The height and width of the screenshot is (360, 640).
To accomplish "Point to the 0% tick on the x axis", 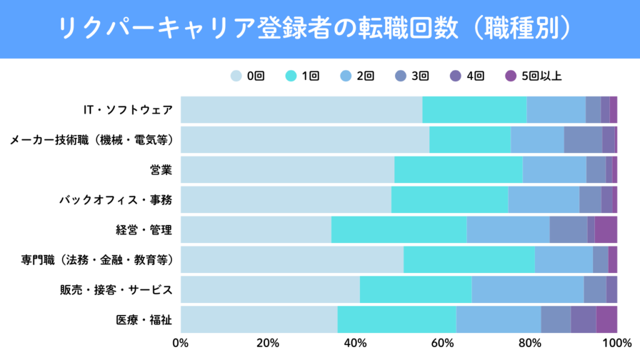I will [181, 342].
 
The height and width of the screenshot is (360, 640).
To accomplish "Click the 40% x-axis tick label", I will [355, 342].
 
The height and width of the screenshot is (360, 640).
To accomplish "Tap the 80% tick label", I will [529, 342].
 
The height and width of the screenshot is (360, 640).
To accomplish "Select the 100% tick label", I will [616, 342].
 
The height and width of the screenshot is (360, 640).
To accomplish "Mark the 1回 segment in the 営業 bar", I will [458, 170].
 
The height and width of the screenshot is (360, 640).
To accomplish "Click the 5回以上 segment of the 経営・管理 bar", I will [606, 230].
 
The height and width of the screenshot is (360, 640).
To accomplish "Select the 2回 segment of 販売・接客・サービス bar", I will [527, 290].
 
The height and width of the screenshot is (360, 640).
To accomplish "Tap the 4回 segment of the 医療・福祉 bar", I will [583, 320].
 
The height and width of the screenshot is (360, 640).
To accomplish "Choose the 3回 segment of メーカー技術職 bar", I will [582, 140].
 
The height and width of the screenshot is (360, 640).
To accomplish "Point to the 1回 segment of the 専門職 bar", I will [469, 260].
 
